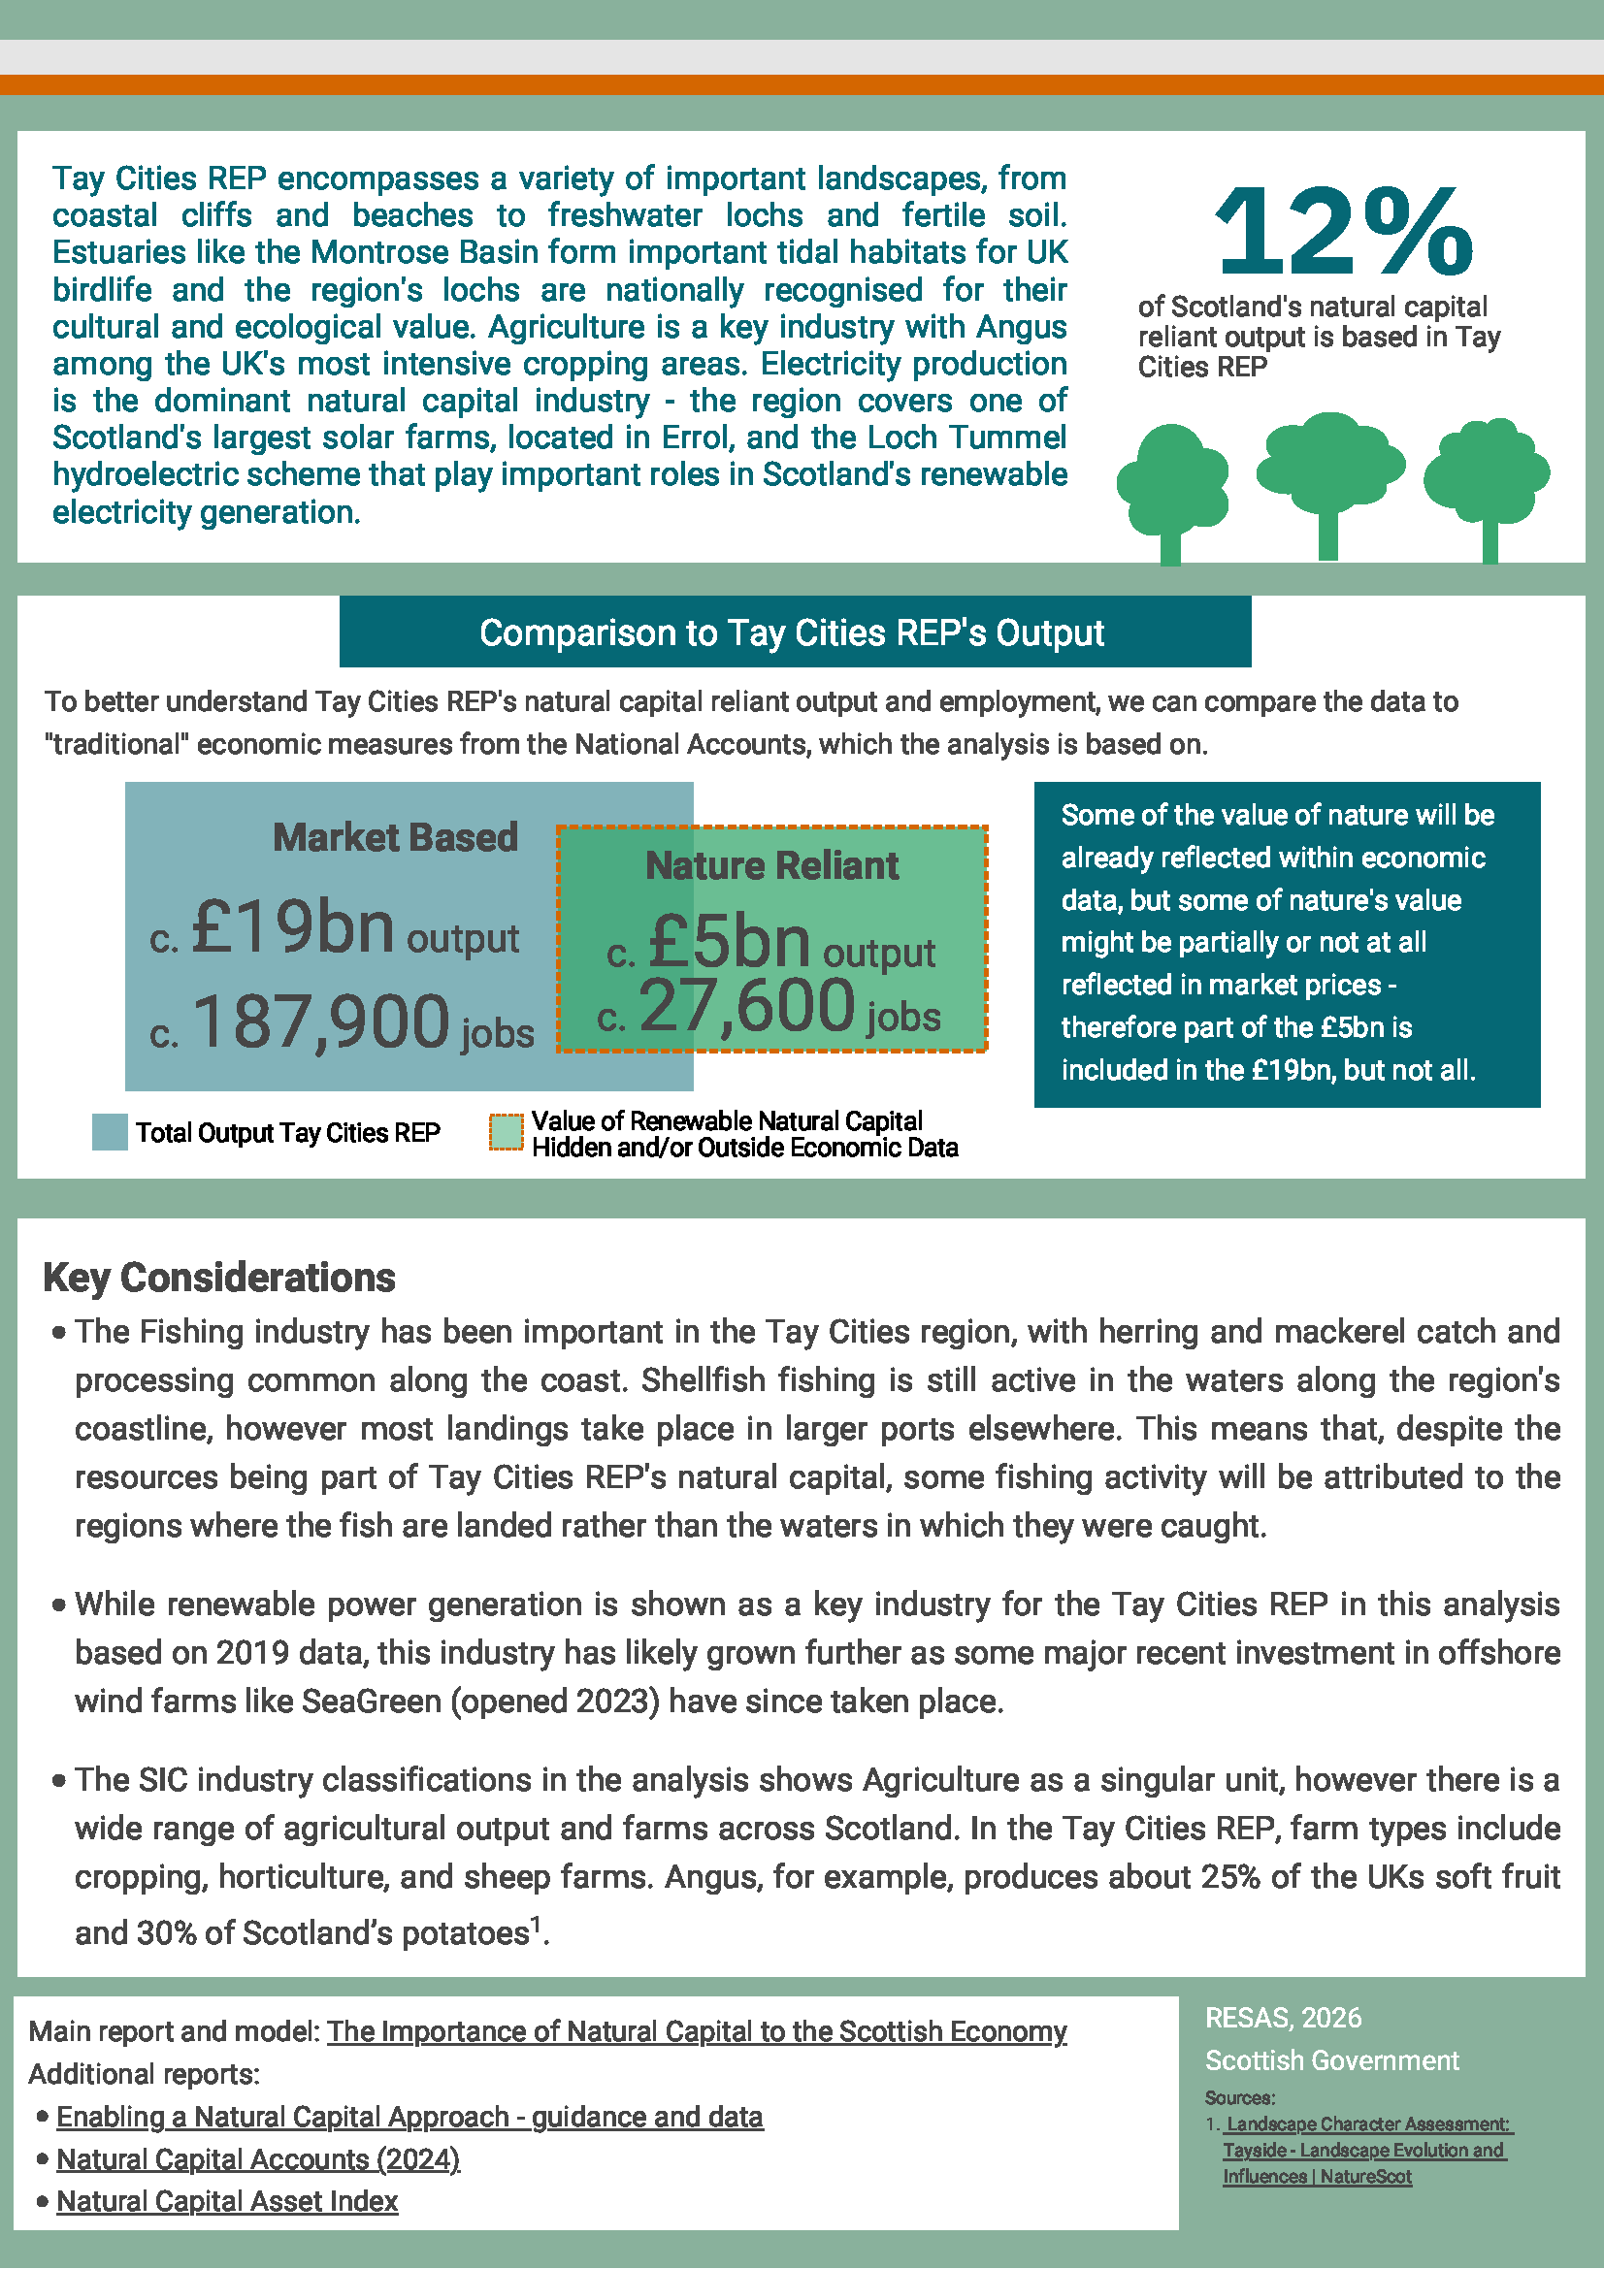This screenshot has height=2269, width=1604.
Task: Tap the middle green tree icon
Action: (x=1329, y=479)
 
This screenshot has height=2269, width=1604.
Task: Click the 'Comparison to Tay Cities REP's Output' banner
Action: (x=794, y=632)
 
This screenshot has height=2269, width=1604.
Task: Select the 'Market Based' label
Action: (x=395, y=837)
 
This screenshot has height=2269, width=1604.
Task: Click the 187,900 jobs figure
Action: (x=341, y=1022)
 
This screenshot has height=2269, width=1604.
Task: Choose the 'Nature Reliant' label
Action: (x=771, y=865)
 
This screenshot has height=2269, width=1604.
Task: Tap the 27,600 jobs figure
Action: (x=769, y=1008)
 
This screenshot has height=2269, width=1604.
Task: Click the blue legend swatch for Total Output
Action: (x=110, y=1132)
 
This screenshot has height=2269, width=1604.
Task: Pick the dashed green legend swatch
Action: (x=506, y=1132)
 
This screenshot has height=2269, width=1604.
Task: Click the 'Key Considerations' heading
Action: (x=219, y=1278)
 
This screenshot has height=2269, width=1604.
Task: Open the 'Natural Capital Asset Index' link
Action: (x=227, y=2201)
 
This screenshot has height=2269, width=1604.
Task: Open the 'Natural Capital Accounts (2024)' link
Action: (x=258, y=2159)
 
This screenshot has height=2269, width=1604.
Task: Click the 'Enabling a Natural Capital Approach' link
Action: (x=409, y=2117)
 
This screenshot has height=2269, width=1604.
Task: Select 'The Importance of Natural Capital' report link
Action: (x=697, y=2030)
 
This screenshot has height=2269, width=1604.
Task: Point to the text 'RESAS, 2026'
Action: (x=1283, y=2018)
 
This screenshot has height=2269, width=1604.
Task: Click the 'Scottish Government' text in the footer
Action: (x=1331, y=2060)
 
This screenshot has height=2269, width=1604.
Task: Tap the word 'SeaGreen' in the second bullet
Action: (x=372, y=1702)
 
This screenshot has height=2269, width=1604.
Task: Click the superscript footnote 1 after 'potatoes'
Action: (x=536, y=1922)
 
